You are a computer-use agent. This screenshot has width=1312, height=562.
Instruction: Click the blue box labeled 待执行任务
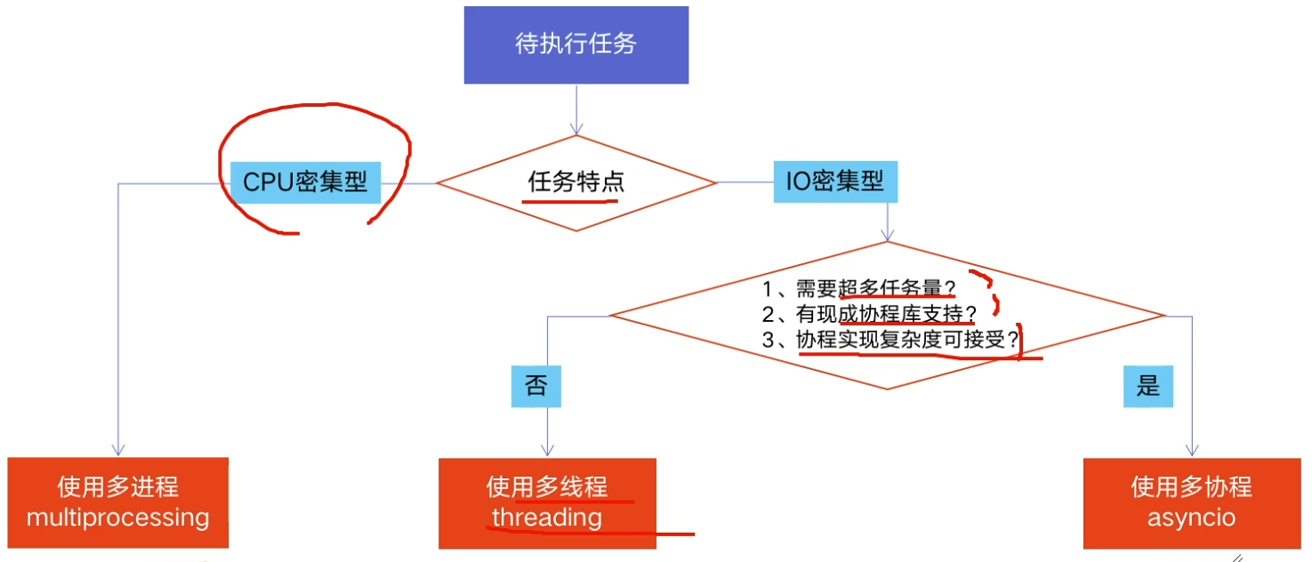(x=576, y=44)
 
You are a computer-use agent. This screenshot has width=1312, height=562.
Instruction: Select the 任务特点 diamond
(x=576, y=182)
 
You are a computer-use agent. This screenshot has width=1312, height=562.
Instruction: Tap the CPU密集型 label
(x=305, y=182)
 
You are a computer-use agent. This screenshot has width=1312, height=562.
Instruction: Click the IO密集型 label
(x=834, y=181)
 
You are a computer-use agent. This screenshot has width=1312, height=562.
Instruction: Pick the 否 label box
(x=535, y=386)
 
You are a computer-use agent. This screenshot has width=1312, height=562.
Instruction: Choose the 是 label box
(x=1148, y=385)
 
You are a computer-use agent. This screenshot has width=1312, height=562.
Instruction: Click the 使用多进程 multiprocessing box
(x=118, y=502)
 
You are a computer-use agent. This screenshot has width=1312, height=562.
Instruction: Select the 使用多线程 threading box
(x=547, y=503)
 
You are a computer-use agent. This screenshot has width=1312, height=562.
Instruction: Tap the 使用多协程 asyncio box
(x=1191, y=503)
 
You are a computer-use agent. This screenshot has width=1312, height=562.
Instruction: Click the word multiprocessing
(x=118, y=518)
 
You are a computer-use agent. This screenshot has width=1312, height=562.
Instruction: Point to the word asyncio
(x=1191, y=518)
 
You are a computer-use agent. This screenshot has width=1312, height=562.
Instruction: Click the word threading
(x=547, y=518)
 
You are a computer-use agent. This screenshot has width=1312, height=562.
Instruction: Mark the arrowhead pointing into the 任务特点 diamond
(x=576, y=130)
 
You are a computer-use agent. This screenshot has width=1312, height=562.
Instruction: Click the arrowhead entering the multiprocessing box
(x=118, y=451)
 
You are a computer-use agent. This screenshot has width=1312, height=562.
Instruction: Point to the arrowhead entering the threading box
(x=547, y=452)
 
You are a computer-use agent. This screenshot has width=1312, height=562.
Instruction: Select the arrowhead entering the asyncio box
(x=1191, y=452)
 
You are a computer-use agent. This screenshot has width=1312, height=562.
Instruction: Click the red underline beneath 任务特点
(x=569, y=201)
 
